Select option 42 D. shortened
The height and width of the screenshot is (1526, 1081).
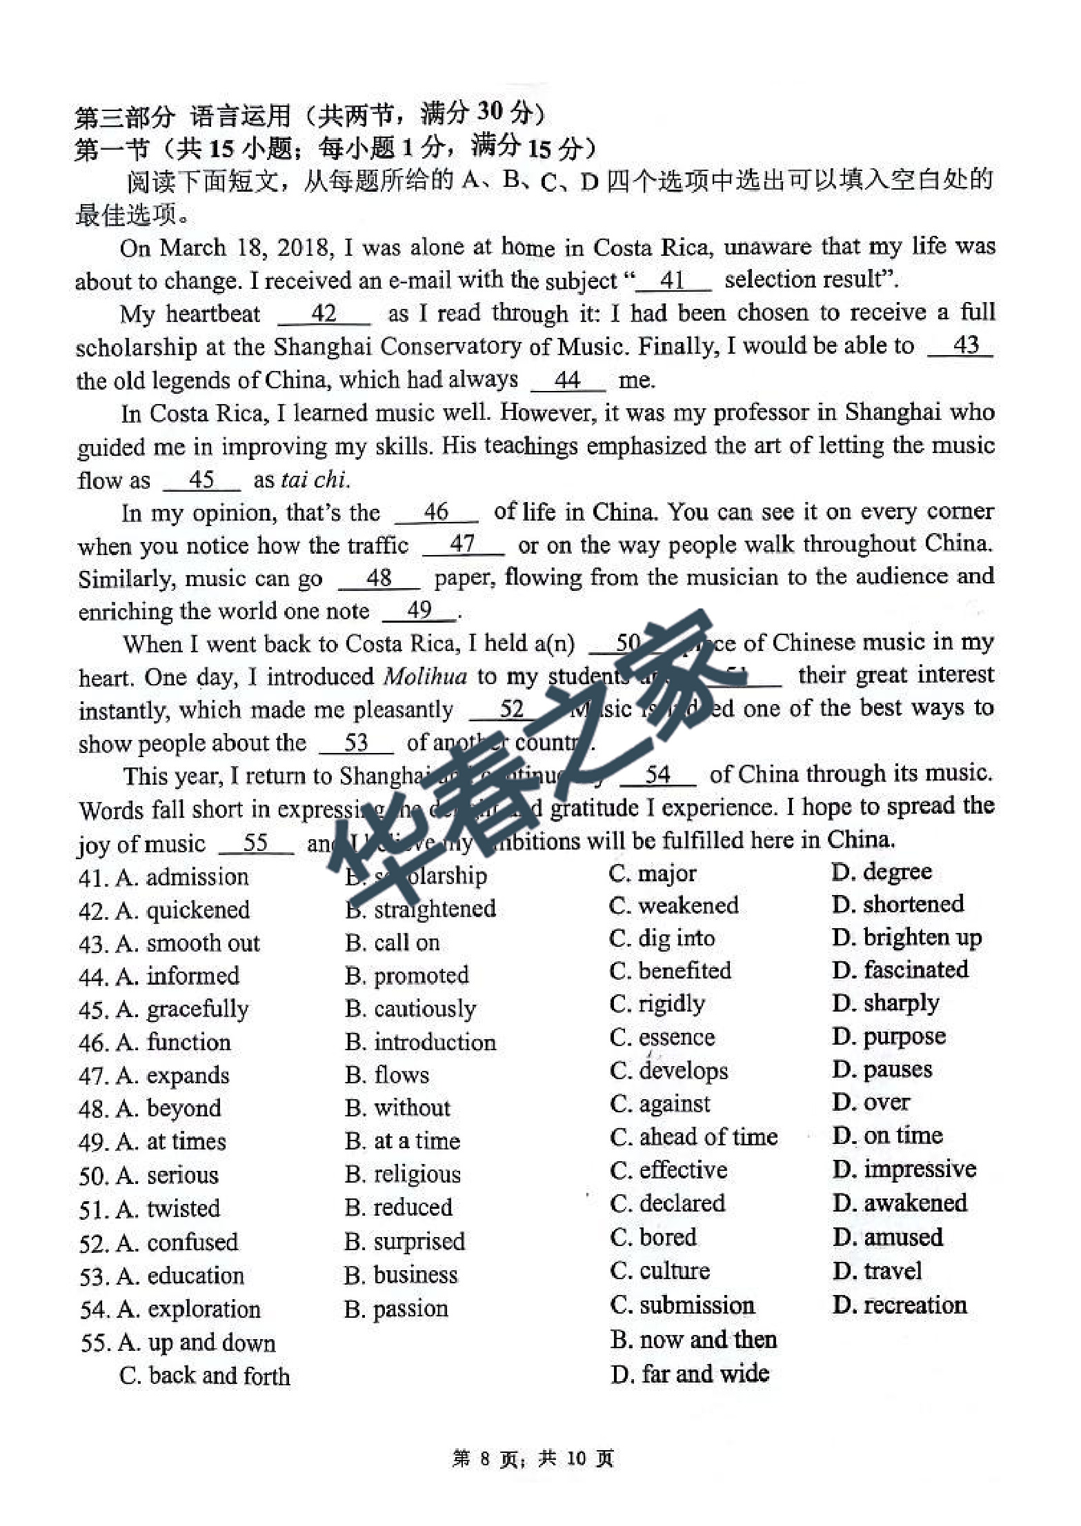[x=897, y=904]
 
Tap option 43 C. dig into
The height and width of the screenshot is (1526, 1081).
[x=662, y=938]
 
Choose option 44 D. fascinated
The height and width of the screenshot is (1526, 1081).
[x=900, y=970]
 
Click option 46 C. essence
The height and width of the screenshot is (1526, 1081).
[x=662, y=1037]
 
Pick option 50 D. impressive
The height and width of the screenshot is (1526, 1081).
[x=904, y=1169]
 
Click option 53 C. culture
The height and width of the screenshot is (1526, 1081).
[x=659, y=1271]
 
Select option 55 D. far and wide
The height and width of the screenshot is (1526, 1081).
[x=689, y=1374]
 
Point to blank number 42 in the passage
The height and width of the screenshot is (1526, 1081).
[x=324, y=314]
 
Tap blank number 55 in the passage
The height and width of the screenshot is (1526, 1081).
[x=256, y=843]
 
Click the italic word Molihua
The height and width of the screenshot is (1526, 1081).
[x=425, y=676]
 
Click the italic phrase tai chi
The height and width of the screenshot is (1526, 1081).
[x=314, y=480]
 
